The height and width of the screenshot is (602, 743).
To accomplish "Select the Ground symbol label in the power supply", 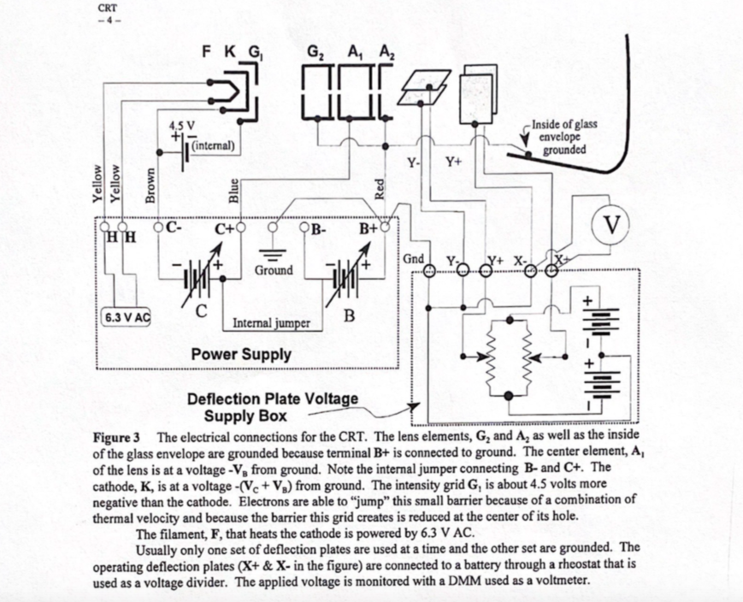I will (x=274, y=270).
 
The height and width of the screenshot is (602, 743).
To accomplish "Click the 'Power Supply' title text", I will (x=241, y=353).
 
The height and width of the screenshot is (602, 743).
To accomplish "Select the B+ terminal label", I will (x=369, y=229).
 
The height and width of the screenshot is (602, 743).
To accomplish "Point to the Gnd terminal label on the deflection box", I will (x=412, y=258).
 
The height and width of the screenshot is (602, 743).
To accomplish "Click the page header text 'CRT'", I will (x=108, y=10).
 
